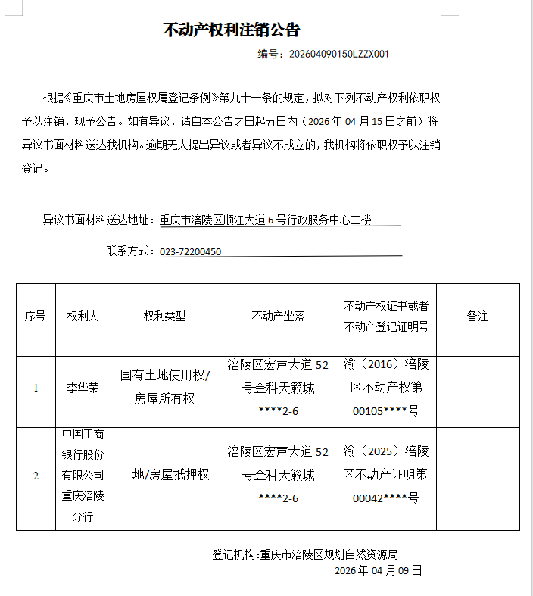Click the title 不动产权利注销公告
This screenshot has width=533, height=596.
point(232,30)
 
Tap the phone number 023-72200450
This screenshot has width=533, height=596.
point(191,251)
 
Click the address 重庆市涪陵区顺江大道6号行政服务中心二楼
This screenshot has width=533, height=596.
point(265,220)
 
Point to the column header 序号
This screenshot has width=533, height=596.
point(36,317)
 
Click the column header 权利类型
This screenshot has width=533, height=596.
point(164,317)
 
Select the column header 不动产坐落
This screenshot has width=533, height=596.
point(278,317)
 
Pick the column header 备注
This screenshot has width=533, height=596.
point(477,317)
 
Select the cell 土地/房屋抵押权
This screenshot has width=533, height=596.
point(165,475)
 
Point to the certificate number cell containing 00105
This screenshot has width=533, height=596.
point(386,388)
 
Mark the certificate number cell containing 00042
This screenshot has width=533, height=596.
point(386,475)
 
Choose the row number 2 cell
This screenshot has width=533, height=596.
point(36,476)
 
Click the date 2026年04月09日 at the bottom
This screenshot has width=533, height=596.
point(378,570)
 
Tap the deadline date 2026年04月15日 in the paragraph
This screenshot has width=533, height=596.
point(363,121)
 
